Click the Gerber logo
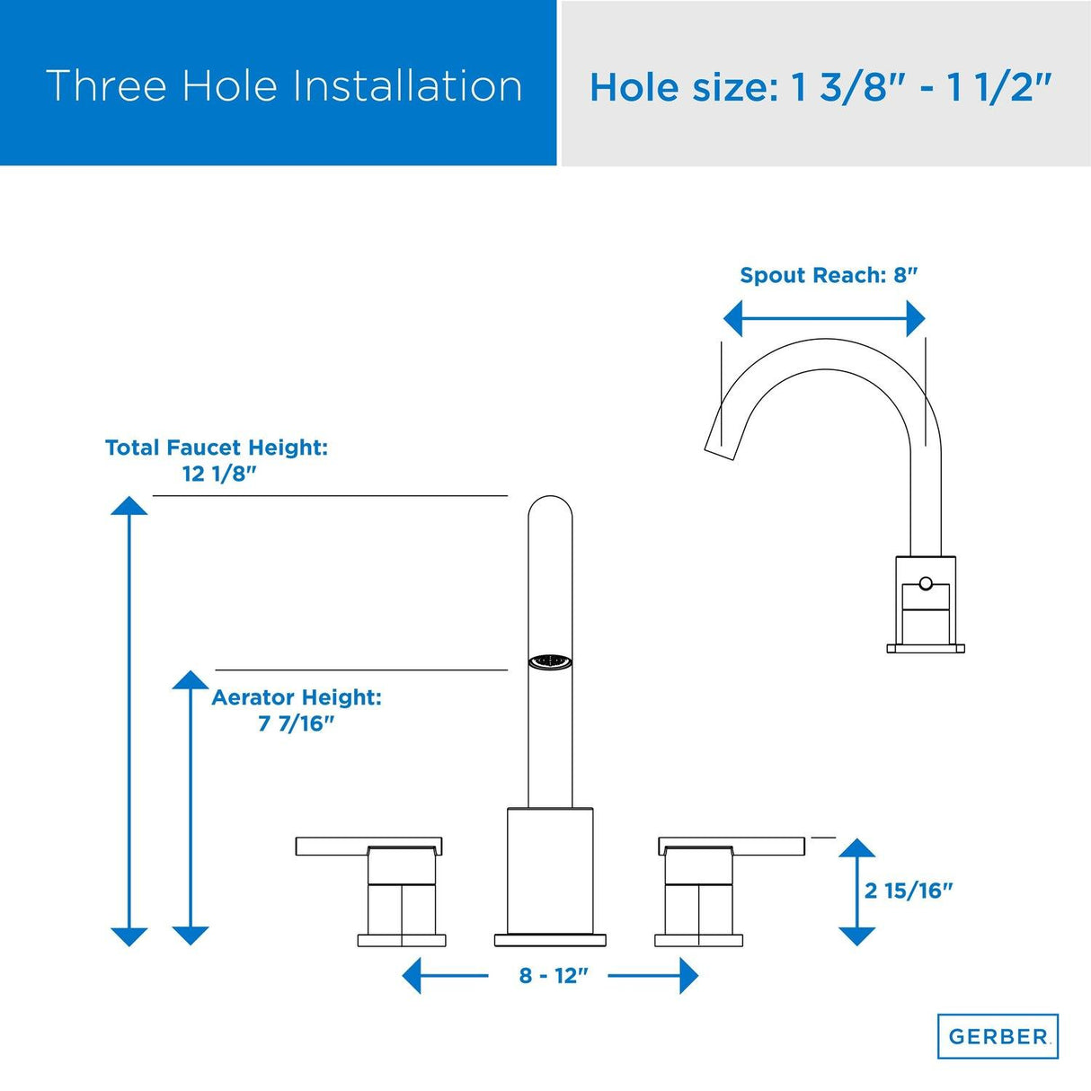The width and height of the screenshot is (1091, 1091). [x=998, y=1036]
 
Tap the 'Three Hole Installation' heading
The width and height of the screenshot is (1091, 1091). [x=284, y=86]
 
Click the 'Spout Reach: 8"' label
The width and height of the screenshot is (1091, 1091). [x=829, y=275]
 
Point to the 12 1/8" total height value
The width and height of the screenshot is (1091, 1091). [x=219, y=474]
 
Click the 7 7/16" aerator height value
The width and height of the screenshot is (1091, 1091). [x=296, y=723]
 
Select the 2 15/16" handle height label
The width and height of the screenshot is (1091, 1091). [x=908, y=891]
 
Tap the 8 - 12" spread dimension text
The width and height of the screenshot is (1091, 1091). [x=553, y=976]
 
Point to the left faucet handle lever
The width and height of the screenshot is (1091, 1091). [x=368, y=847]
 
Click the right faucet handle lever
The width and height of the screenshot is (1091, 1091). [x=732, y=846]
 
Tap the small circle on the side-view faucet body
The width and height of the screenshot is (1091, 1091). [x=926, y=584]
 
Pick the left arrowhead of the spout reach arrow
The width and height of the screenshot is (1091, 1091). [x=733, y=318]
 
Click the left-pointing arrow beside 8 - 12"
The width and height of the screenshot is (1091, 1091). [x=412, y=976]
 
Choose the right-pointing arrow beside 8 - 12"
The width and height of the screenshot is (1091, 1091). [x=688, y=976]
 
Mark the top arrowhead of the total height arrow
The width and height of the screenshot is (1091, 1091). [x=129, y=505]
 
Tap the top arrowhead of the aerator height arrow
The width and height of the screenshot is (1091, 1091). [x=191, y=679]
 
